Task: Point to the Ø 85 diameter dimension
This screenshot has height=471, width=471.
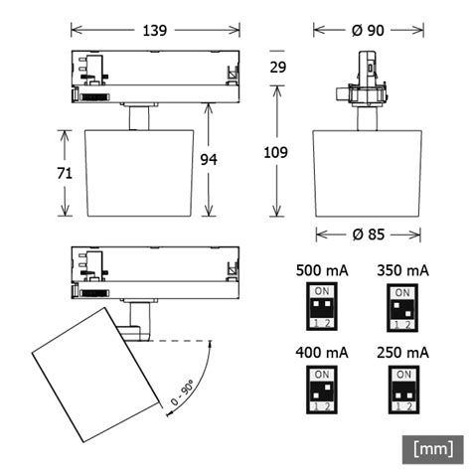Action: pyautogui.click(x=368, y=235)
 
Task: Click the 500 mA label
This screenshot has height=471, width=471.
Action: pyautogui.click(x=322, y=270)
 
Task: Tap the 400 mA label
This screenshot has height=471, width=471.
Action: pyautogui.click(x=322, y=353)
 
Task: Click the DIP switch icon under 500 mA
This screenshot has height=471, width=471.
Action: pyautogui.click(x=322, y=306)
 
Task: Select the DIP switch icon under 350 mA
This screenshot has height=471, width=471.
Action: pyautogui.click(x=402, y=306)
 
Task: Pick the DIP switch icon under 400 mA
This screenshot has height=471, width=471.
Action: pyautogui.click(x=322, y=390)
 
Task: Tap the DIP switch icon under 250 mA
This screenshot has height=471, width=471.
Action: pyautogui.click(x=402, y=390)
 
